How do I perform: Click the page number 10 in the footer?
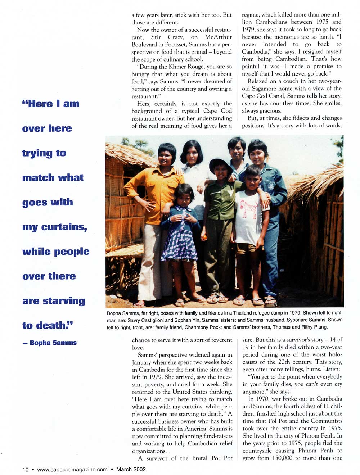pyautogui.click(x=26, y=469)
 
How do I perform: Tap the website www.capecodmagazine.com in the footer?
pyautogui.click(x=72, y=469)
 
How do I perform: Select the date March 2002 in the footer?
pyautogui.click(x=131, y=469)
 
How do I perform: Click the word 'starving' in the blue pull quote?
pyautogui.click(x=64, y=301)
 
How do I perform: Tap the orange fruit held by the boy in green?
pyautogui.click(x=204, y=237)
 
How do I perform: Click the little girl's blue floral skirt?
pyautogui.click(x=179, y=246)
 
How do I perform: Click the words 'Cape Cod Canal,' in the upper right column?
pyautogui.click(x=268, y=96)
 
